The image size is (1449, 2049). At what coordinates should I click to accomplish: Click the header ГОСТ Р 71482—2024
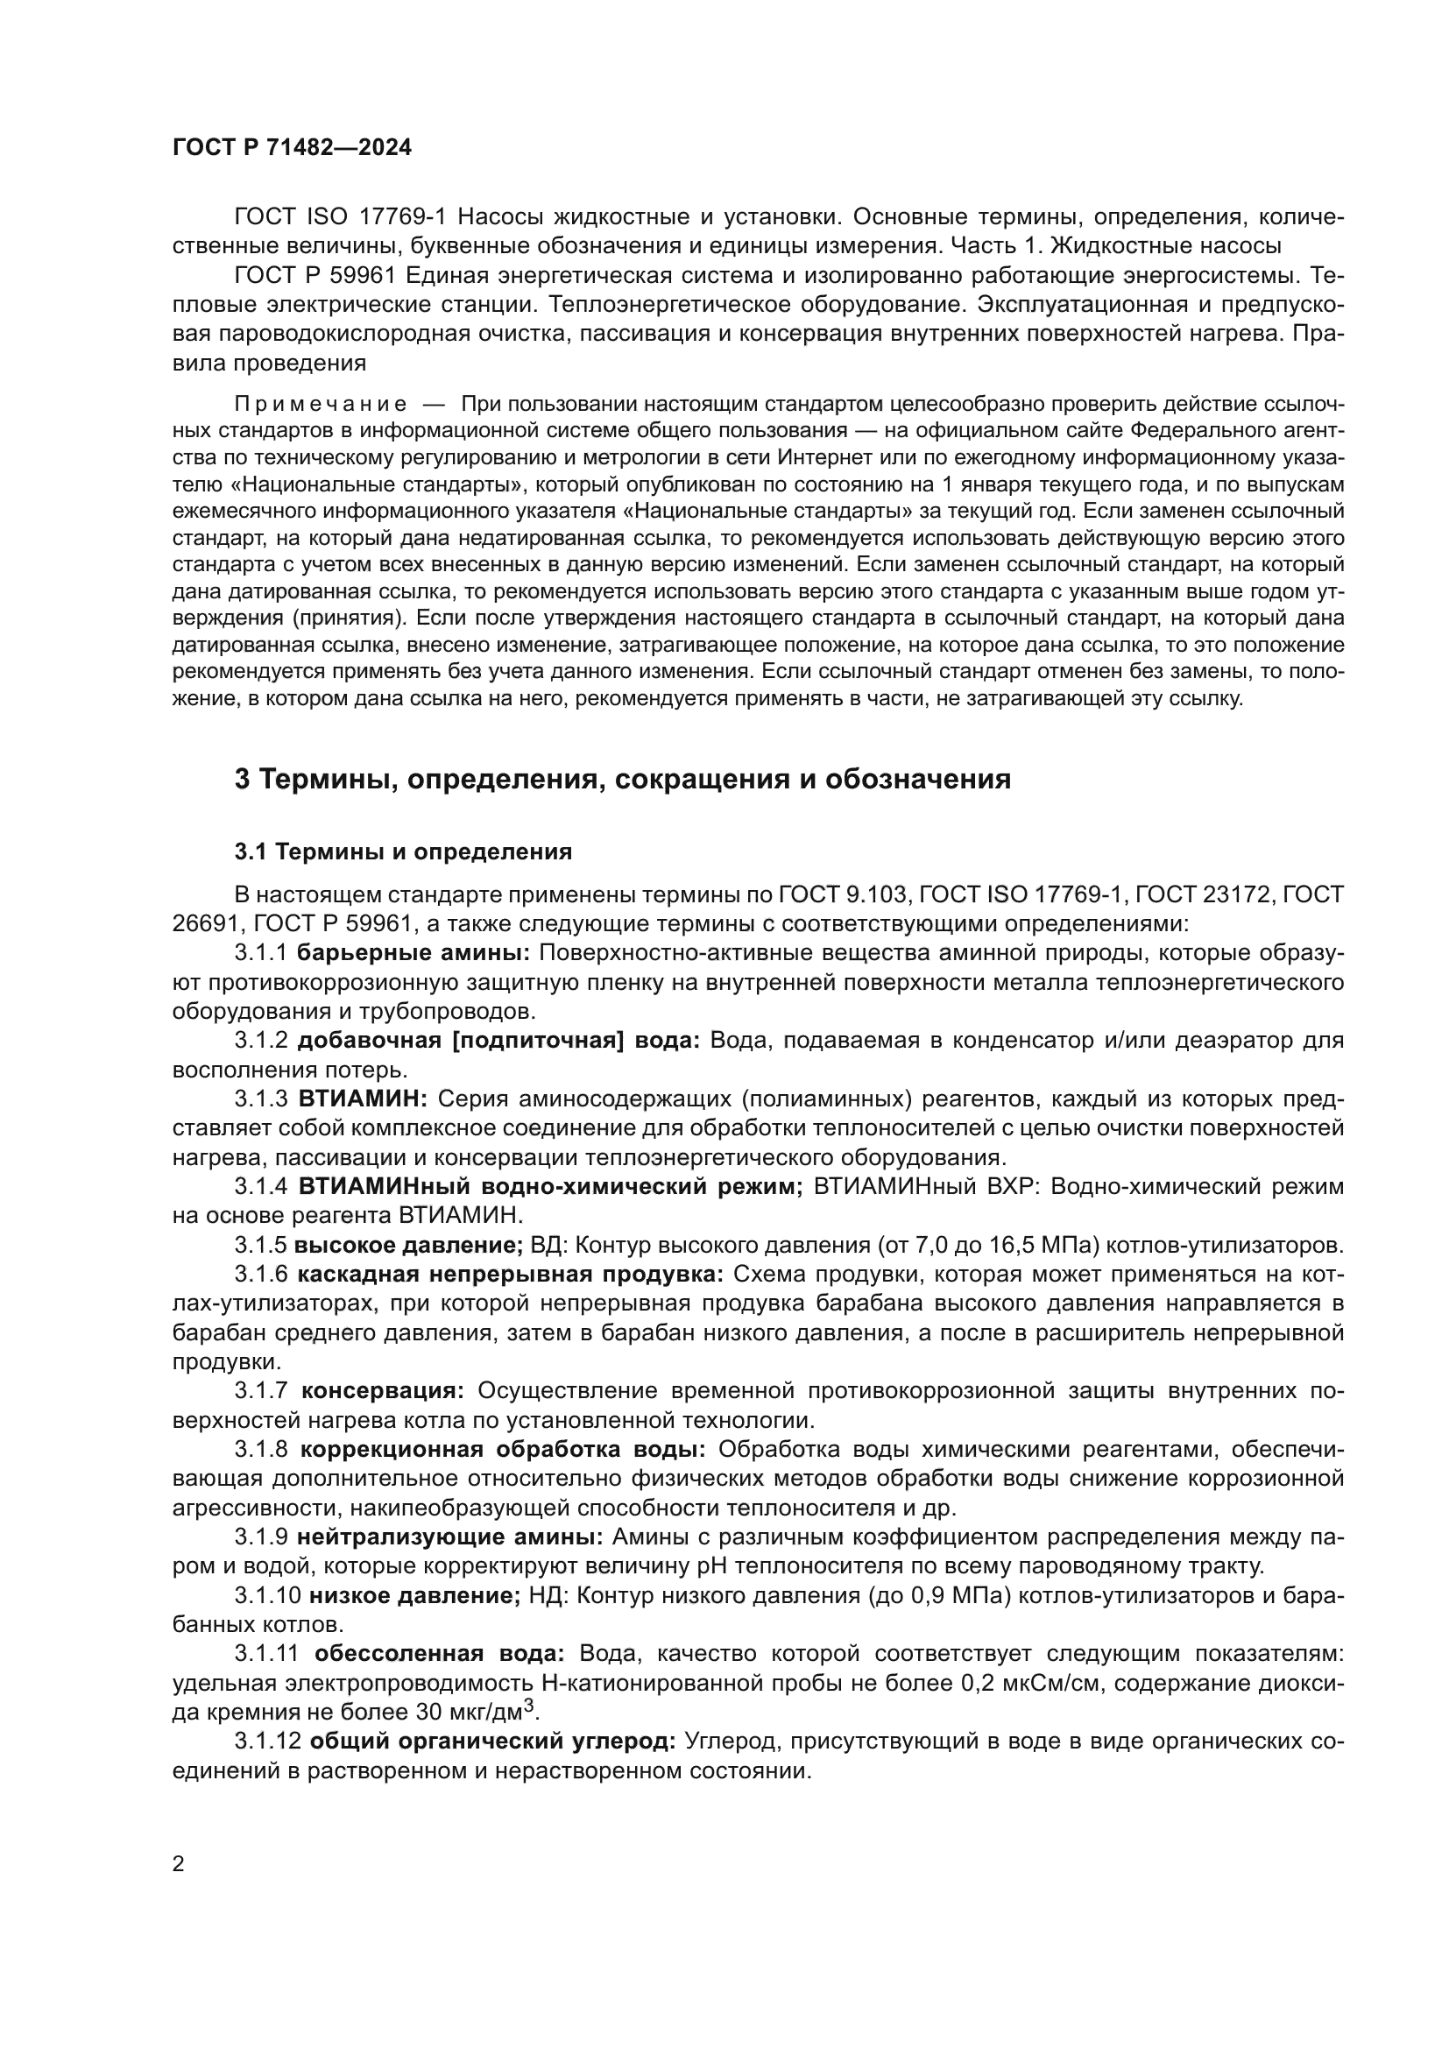tap(292, 148)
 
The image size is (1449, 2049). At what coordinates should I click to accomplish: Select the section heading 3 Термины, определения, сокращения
tap(622, 779)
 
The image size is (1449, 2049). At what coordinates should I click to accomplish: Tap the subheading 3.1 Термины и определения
tap(402, 851)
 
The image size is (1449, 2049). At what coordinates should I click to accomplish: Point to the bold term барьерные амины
tap(413, 952)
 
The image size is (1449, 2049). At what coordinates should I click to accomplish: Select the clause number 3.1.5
tap(260, 1245)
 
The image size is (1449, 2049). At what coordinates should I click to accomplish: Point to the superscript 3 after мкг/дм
tap(528, 1706)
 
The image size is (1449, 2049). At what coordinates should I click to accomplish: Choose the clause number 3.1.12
tap(267, 1742)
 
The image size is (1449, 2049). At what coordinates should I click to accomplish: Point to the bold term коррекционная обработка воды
tap(503, 1449)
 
